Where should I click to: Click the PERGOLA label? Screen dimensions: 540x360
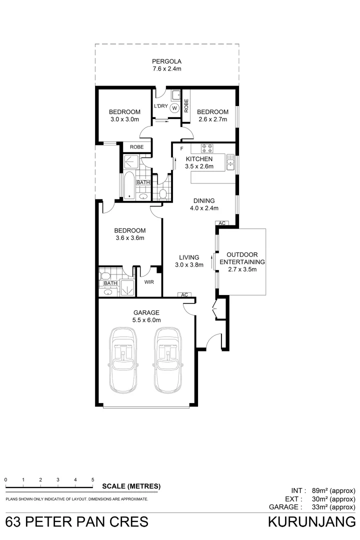[x=166, y=62]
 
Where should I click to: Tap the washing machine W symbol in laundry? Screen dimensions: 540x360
[x=175, y=107]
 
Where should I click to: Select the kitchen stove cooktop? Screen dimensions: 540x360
[x=207, y=148]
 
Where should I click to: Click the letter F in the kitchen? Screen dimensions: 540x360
[x=181, y=148]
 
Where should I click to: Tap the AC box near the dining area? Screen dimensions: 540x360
[x=221, y=223]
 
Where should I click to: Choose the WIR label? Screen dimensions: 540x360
[x=148, y=282]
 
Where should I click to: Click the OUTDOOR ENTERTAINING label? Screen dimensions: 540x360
[x=242, y=258]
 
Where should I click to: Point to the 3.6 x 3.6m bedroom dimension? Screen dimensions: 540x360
[x=129, y=238]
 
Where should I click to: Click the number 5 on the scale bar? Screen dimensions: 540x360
[x=93, y=479]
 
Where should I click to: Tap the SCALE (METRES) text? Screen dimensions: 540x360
[x=131, y=486]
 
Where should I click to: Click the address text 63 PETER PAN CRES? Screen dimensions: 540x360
[x=77, y=522]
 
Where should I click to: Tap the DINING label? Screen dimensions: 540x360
[x=204, y=200]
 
